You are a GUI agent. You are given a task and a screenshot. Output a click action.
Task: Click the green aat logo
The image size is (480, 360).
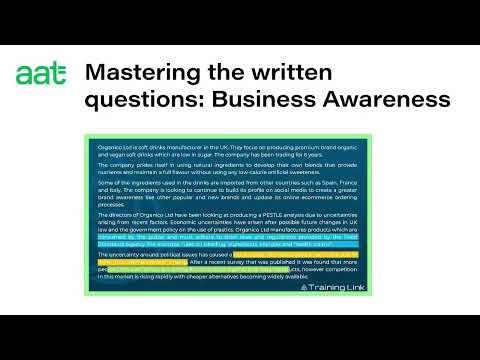pyautogui.click(x=42, y=73)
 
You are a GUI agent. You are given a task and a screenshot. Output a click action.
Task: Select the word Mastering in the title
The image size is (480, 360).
pyautogui.click(x=132, y=72)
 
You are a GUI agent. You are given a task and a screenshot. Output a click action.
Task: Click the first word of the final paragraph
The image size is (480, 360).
pyautogui.click(x=103, y=253)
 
